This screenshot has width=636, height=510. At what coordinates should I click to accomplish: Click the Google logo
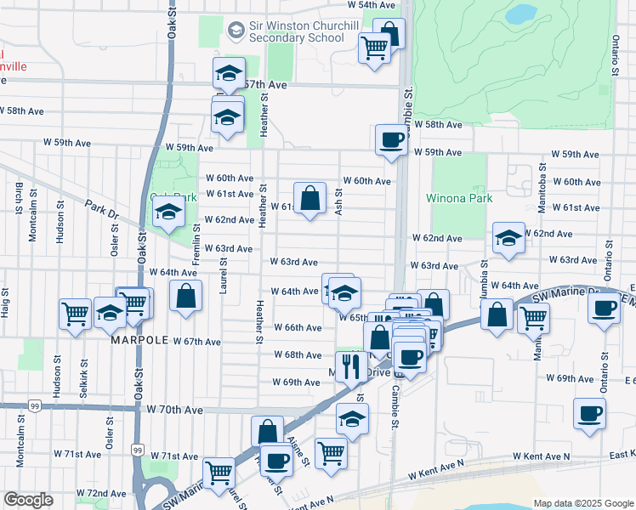click(x=28, y=500)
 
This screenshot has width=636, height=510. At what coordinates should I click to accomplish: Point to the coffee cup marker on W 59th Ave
click(x=391, y=139)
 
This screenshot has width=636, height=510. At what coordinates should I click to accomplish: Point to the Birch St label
click(x=18, y=199)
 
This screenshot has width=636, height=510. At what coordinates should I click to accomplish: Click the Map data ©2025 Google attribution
click(x=582, y=503)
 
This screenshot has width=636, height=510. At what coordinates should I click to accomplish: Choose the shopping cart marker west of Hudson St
click(x=75, y=313)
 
